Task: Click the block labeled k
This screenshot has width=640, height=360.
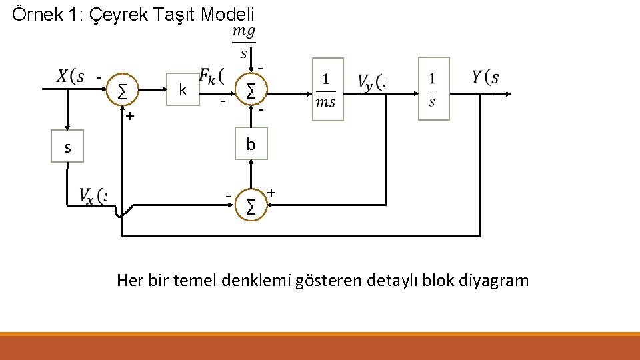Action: [x=182, y=90]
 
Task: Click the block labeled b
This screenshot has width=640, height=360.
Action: [x=251, y=145]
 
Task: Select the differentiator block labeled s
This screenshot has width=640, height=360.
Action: [x=67, y=148]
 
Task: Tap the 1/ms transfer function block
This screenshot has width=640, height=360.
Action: [x=327, y=89]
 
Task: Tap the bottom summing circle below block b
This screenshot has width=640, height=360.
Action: [x=251, y=206]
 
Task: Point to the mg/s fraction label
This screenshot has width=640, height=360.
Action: [x=243, y=41]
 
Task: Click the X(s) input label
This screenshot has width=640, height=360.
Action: [x=71, y=77]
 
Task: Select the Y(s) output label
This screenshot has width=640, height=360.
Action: [x=485, y=77]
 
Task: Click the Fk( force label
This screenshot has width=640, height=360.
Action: [x=211, y=77]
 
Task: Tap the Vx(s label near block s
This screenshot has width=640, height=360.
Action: [x=92, y=195]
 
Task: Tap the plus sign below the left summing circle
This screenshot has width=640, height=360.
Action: [x=130, y=116]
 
